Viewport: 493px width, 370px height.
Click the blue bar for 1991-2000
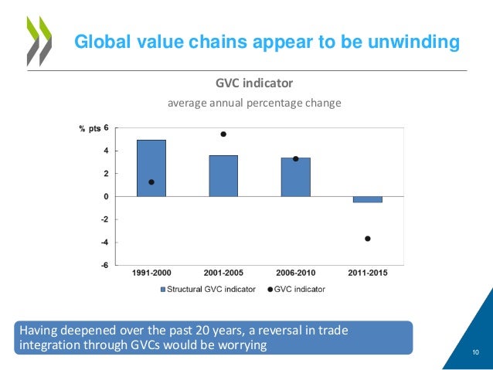(151, 168)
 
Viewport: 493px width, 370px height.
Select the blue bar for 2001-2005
(223, 175)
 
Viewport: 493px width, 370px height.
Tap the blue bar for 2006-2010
(295, 177)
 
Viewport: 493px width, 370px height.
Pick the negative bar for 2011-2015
(368, 199)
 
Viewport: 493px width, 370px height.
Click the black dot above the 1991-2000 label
(151, 182)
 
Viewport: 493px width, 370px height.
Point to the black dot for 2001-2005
(223, 134)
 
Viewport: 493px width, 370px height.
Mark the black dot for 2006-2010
(296, 159)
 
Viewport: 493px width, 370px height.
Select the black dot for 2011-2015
(368, 239)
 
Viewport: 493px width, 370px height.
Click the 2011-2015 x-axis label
(367, 273)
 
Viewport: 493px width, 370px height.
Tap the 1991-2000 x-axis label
(151, 273)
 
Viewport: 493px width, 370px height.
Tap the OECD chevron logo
(38, 39)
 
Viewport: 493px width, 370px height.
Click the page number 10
(475, 354)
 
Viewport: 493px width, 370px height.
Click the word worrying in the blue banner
(243, 345)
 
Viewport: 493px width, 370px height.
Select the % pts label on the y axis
(90, 129)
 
